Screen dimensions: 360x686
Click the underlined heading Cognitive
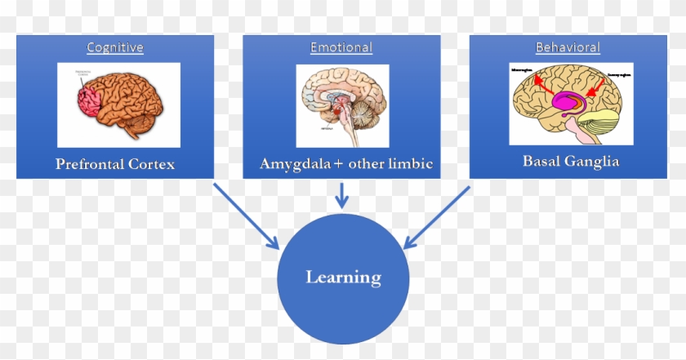[115, 47]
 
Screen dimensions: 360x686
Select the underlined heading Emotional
[341, 47]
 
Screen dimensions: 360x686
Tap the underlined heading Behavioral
[568, 47]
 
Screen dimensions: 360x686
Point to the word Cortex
[153, 164]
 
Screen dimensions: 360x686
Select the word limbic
[411, 163]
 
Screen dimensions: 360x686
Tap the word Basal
[542, 161]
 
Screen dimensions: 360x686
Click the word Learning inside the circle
[343, 278]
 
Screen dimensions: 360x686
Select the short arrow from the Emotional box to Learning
[343, 194]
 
